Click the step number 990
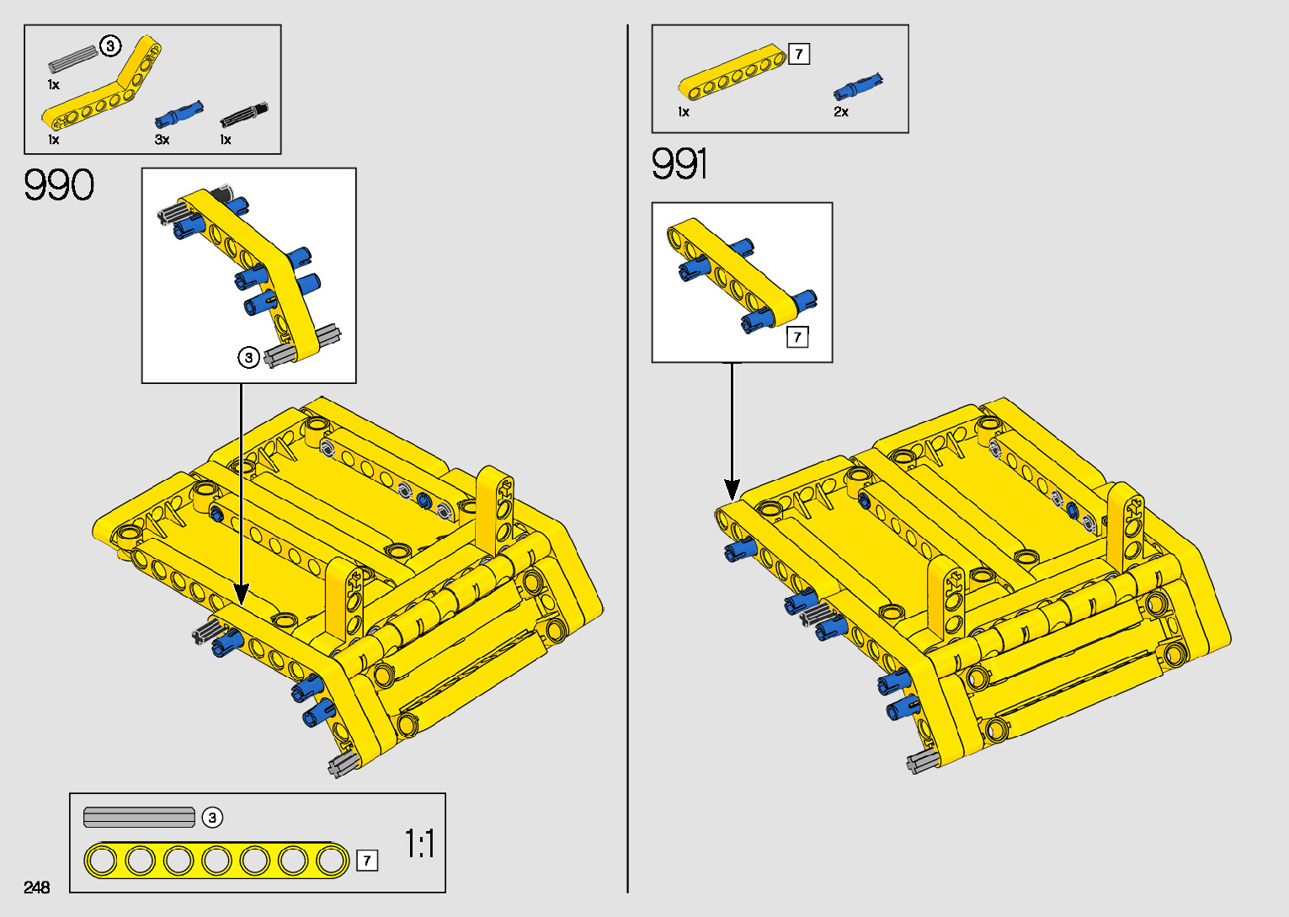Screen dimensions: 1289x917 (59, 185)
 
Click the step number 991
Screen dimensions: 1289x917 (679, 163)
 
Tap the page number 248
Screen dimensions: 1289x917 (37, 887)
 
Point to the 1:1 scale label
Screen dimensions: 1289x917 (419, 843)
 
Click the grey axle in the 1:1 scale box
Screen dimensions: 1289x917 (139, 817)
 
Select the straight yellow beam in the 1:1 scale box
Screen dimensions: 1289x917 (216, 860)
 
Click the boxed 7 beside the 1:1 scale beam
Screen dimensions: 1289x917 (367, 861)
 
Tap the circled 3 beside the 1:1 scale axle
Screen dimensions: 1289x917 (212, 818)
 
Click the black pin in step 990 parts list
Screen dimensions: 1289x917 (244, 114)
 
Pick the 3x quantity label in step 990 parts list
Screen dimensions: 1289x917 (162, 140)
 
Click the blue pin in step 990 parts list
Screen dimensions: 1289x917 (178, 114)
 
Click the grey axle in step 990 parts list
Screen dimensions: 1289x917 (73, 58)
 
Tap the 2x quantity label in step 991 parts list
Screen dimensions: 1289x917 (841, 112)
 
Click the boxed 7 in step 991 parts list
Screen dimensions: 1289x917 (799, 55)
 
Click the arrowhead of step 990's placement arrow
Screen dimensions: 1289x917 (242, 594)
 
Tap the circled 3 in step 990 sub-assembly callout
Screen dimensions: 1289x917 (248, 358)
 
